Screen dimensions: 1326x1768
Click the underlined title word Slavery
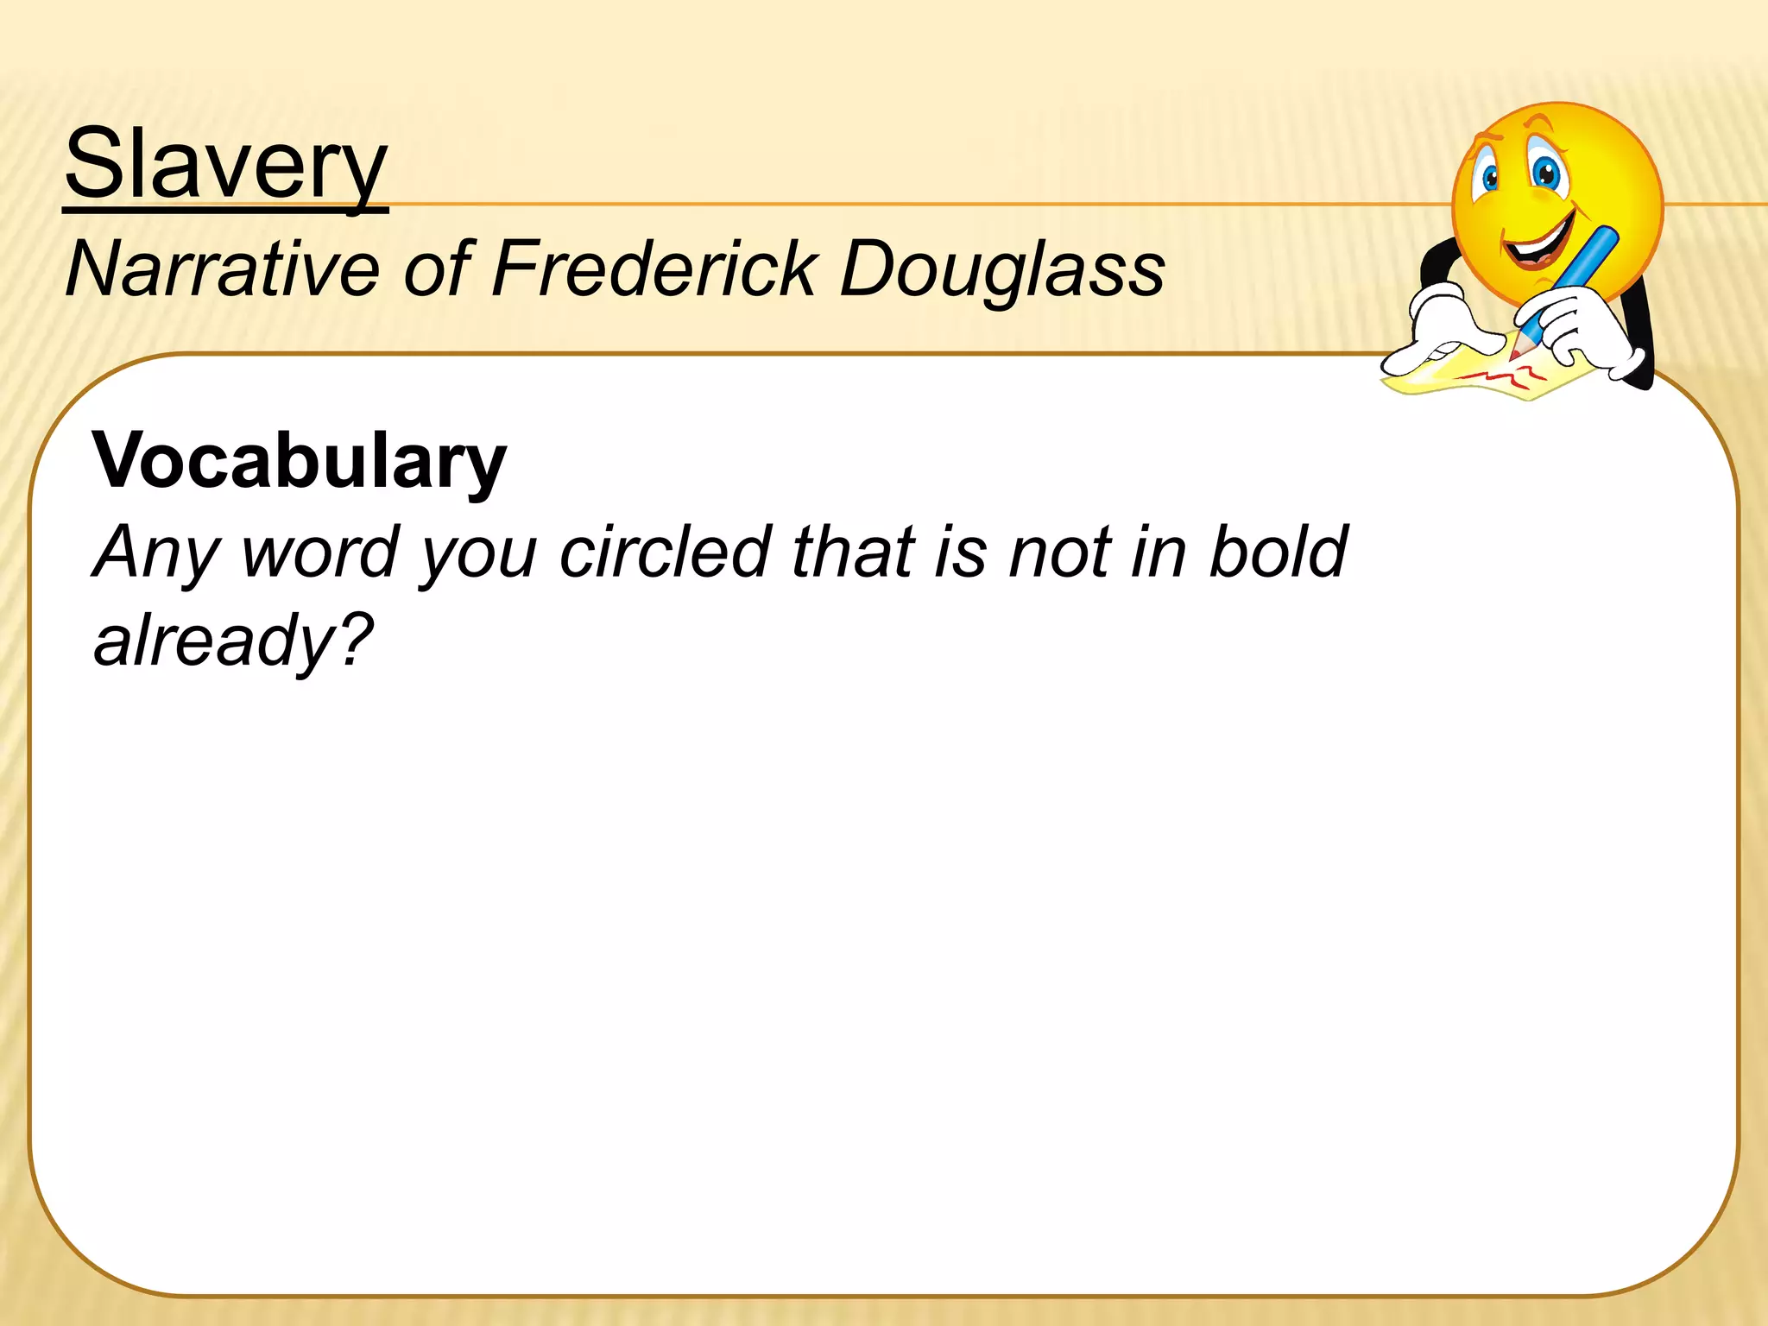[225, 164]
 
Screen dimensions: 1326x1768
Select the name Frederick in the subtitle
[654, 269]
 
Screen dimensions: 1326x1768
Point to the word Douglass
[1002, 269]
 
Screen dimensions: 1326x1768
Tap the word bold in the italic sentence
[1278, 552]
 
